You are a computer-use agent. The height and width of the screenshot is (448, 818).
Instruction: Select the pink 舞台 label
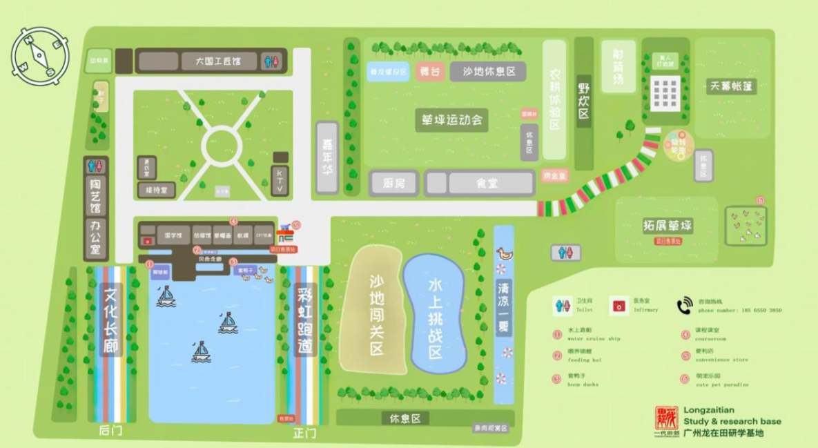[x=429, y=72]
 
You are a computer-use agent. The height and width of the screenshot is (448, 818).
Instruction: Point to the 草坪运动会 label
[x=451, y=120]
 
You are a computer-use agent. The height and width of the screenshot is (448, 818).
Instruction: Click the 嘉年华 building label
[x=327, y=157]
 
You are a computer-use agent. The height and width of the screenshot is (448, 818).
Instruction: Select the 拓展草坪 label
[x=667, y=226]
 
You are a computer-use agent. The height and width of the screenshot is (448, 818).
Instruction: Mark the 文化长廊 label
[x=110, y=320]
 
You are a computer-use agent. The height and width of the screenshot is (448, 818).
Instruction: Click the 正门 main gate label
[x=304, y=434]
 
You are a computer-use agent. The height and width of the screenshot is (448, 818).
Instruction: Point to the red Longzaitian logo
[x=666, y=420]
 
